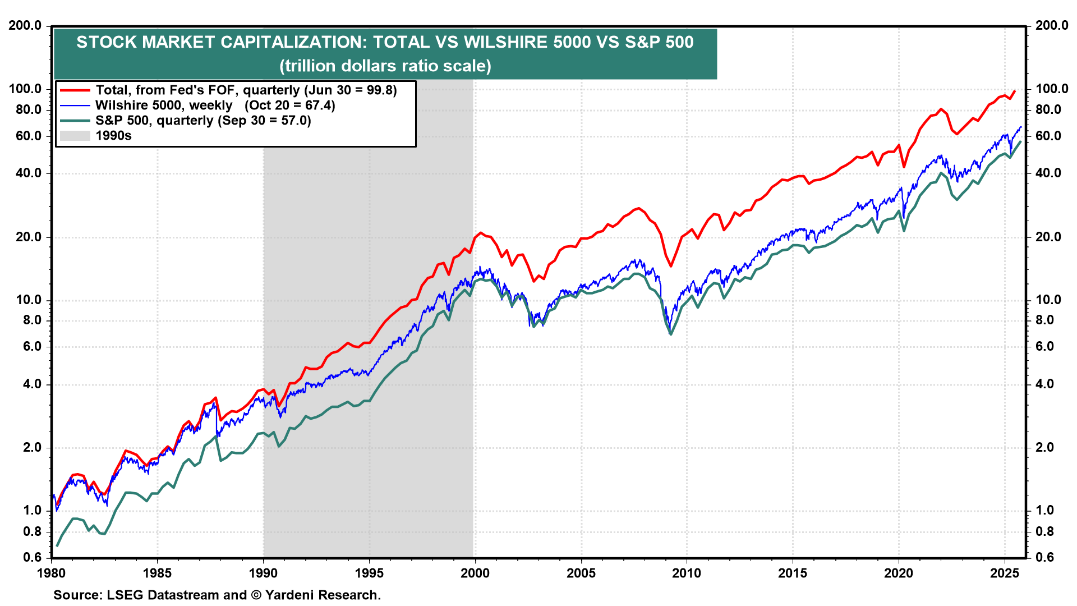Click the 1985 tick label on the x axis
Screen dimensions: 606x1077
click(158, 573)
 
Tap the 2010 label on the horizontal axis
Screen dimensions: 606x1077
click(687, 573)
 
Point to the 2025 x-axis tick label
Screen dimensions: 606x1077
click(1004, 573)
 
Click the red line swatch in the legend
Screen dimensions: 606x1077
click(75, 90)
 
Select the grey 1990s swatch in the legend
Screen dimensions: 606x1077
click(75, 136)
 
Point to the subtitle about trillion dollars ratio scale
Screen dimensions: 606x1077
click(385, 66)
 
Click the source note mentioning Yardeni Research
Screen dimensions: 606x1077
click(217, 595)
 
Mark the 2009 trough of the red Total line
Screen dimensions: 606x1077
click(671, 266)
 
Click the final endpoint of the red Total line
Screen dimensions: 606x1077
click(1014, 91)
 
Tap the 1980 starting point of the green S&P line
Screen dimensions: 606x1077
click(57, 545)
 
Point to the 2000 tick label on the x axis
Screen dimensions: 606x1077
click(475, 573)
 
